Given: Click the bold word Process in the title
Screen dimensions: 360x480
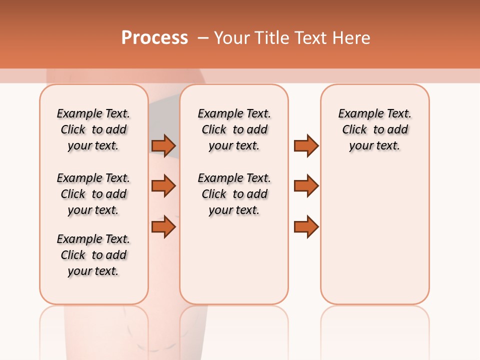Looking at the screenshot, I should [x=154, y=38].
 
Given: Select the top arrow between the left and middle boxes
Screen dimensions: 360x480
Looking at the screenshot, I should [x=163, y=145].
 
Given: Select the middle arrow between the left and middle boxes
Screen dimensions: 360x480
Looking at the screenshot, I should [x=163, y=186].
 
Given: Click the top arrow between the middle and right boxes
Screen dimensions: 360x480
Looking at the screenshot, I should [x=306, y=145].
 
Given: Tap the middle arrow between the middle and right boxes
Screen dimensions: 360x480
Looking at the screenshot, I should [x=306, y=186].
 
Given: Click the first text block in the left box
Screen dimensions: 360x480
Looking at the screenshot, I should [x=93, y=129].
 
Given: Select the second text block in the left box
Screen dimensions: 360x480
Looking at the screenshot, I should [x=93, y=194].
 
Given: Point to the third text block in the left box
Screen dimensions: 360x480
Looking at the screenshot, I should [x=93, y=255].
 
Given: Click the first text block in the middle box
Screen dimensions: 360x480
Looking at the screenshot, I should [x=234, y=129].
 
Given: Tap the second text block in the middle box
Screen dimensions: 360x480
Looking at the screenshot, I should [x=234, y=194].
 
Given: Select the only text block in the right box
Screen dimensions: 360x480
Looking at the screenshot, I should [x=375, y=129].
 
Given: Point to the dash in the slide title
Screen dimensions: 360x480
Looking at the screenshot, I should [x=203, y=38].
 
